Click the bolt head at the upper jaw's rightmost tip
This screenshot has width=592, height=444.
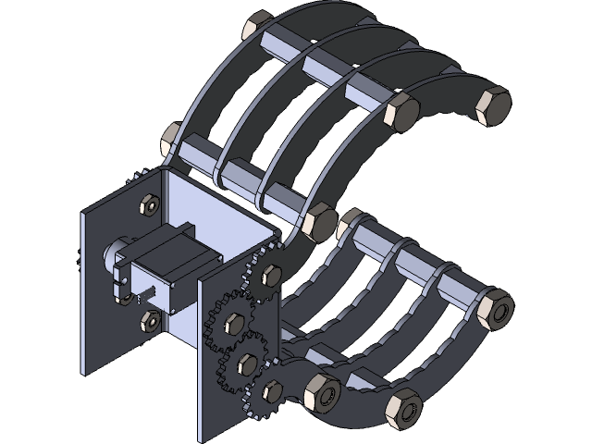click(x=492, y=105)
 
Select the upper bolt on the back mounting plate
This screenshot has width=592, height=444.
click(x=148, y=203)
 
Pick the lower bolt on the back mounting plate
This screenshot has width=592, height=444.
click(x=149, y=320)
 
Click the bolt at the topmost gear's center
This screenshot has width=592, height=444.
click(x=270, y=275)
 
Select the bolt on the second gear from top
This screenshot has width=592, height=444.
click(x=234, y=321)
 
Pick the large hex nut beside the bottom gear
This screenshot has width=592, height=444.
click(x=319, y=393)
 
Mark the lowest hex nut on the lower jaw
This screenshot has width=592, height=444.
click(x=404, y=408)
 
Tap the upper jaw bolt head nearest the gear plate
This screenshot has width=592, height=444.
click(x=319, y=223)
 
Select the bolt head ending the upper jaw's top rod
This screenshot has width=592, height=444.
click(x=401, y=112)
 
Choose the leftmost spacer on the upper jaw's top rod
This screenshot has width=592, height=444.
click(x=278, y=43)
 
